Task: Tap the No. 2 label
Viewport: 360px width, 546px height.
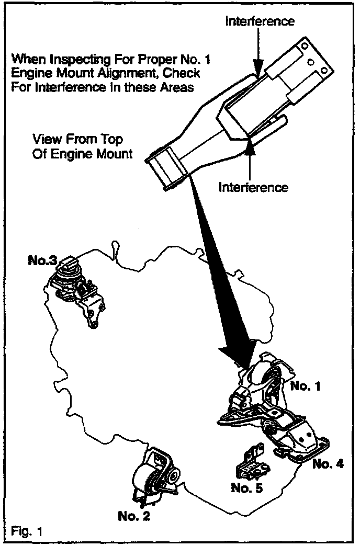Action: (x=134, y=517)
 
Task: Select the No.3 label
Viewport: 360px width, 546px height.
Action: (x=42, y=259)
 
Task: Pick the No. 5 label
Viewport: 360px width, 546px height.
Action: (x=246, y=488)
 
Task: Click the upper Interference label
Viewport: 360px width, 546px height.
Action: (x=260, y=21)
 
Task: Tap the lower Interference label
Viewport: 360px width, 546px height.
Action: (x=253, y=187)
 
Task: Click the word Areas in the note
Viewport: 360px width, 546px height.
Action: (x=177, y=87)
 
